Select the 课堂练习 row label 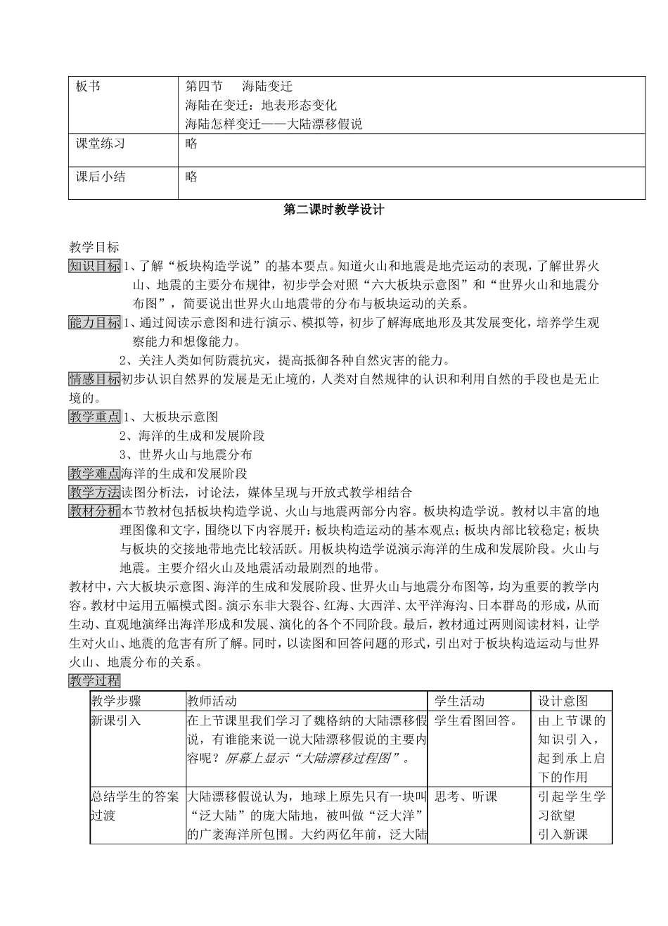coord(100,144)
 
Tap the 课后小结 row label coord(100,177)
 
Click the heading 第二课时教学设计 coord(333,210)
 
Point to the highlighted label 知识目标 coord(94,267)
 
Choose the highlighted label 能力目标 coord(94,323)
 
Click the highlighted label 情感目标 coord(94,380)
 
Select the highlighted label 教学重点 coord(94,417)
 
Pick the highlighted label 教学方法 coord(94,492)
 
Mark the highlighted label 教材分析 coord(94,511)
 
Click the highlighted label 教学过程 coord(94,680)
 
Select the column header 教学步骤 coord(116,701)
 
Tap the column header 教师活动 coord(212,701)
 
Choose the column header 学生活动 coord(459,701)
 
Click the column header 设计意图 coord(563,701)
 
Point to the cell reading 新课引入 coord(116,721)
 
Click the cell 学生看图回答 coord(476,721)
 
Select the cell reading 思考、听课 coord(465,797)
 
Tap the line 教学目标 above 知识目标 coord(94,247)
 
